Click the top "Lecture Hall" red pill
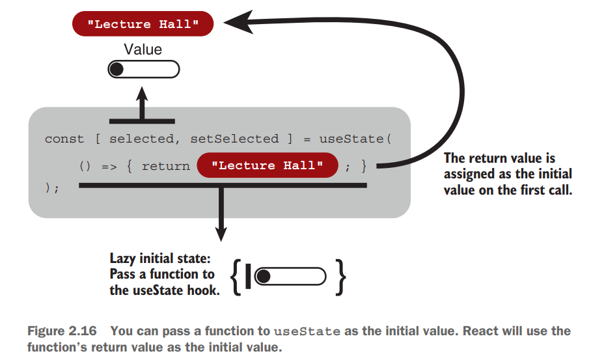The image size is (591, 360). [143, 25]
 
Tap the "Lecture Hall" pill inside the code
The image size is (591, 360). [268, 165]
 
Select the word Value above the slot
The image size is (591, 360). [143, 49]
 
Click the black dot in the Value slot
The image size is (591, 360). [118, 70]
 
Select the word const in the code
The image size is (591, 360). [64, 139]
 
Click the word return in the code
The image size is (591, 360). [165, 166]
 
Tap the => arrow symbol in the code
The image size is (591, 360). [108, 166]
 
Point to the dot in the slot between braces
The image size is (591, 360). [262, 277]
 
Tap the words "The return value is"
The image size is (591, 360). [499, 158]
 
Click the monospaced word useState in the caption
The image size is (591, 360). [308, 331]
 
